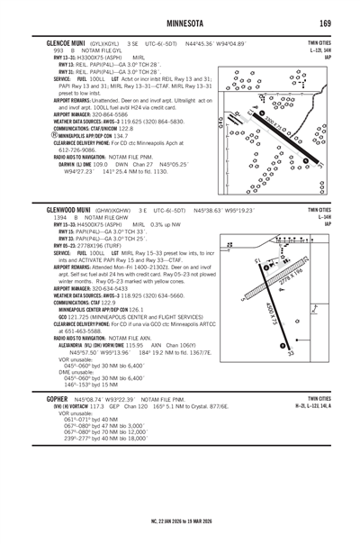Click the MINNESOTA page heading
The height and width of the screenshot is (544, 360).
pyautogui.click(x=179, y=23)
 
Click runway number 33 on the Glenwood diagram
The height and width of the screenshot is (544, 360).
pyautogui.click(x=291, y=353)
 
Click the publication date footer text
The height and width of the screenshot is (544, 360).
pyautogui.click(x=180, y=519)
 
